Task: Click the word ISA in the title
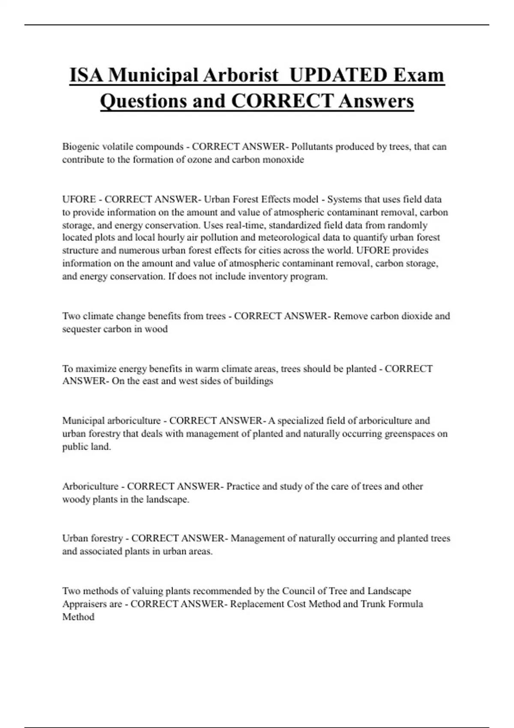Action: pos(86,75)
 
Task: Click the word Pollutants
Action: pos(312,146)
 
